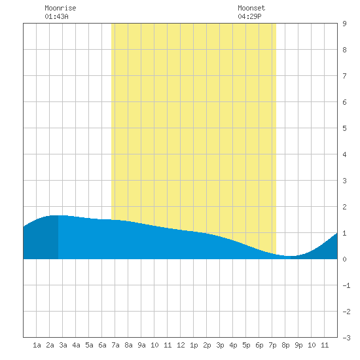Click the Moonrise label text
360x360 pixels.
coord(60,8)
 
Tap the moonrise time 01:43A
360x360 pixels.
coord(56,16)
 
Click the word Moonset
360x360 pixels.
coord(251,8)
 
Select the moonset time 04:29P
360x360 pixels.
coord(249,16)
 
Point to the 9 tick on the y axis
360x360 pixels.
coord(344,24)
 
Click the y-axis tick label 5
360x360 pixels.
coord(344,128)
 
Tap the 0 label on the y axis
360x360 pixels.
coord(344,259)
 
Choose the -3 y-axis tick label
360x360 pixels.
coord(346,338)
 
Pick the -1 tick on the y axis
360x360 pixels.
coord(346,285)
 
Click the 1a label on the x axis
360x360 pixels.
coord(37,345)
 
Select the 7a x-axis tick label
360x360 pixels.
coord(115,345)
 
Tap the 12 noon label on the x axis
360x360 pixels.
coord(181,345)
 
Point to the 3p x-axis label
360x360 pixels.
coord(220,345)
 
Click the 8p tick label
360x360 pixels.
coord(285,345)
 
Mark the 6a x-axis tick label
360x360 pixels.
coord(102,345)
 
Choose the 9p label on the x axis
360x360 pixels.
coord(298,345)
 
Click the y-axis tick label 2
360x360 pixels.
coord(344,207)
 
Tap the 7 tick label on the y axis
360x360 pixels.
coord(344,76)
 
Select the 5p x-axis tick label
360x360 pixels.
coord(246,345)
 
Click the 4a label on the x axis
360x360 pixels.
coord(76,345)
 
